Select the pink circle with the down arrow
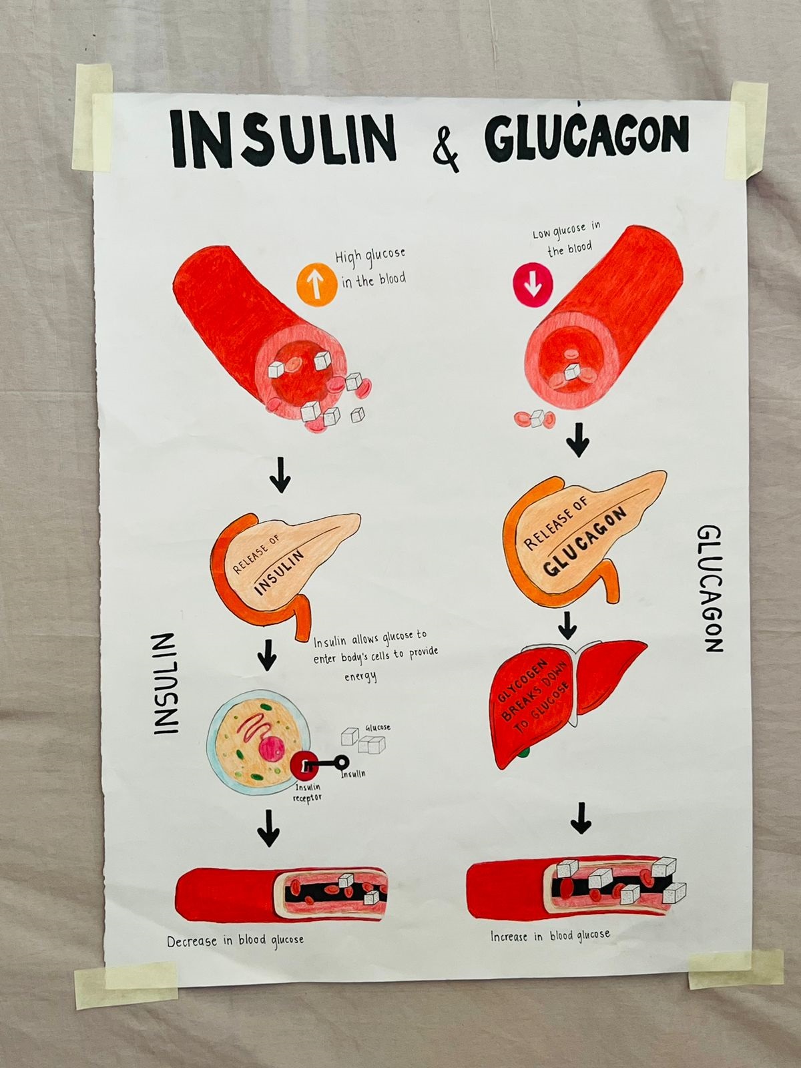(533, 284)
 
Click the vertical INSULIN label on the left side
(166, 684)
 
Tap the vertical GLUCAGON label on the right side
(710, 589)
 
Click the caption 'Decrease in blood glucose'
(235, 941)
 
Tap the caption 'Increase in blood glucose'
(550, 936)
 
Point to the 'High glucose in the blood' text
(371, 268)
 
